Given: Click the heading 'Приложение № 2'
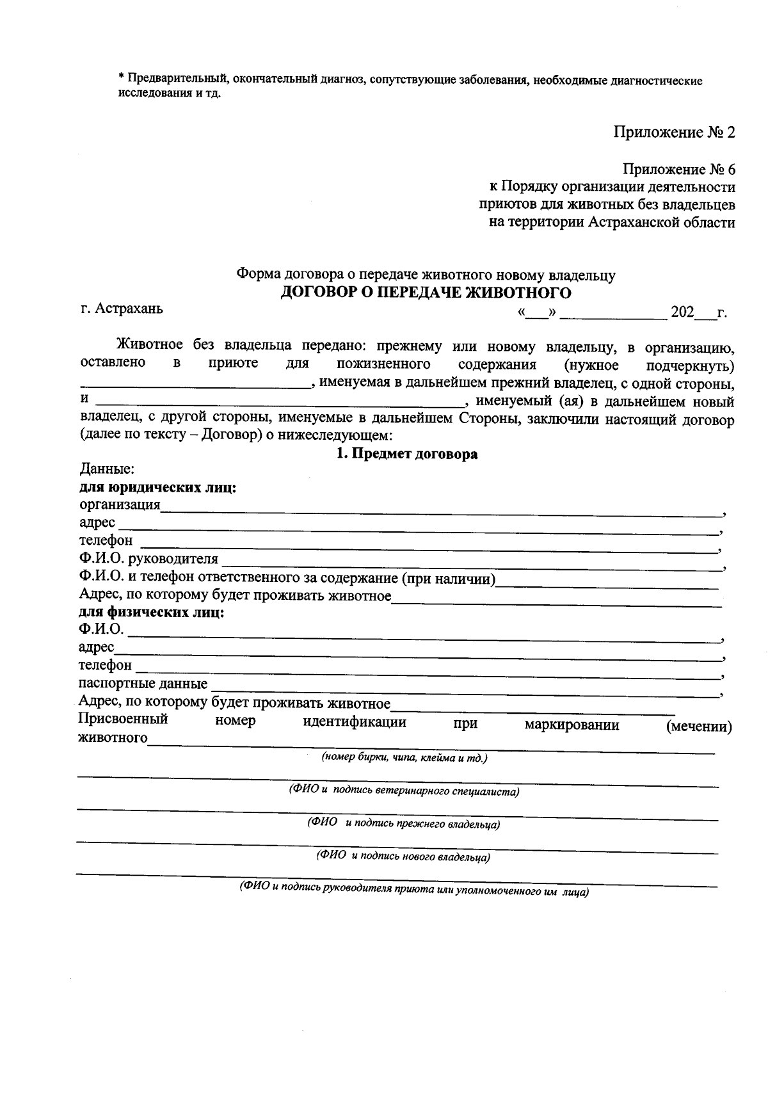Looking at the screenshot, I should [x=674, y=133].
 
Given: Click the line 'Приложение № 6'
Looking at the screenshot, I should [x=679, y=170].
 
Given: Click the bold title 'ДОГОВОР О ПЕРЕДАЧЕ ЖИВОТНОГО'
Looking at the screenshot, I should [x=426, y=293].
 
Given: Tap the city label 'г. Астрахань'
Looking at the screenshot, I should [x=122, y=309].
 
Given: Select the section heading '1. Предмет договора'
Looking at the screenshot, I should [x=407, y=454].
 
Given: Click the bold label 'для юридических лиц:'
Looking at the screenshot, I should [x=157, y=488].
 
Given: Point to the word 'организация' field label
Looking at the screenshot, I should [x=119, y=504].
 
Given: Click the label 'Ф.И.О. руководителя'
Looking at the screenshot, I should [x=148, y=559].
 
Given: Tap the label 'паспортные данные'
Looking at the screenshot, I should [x=143, y=684].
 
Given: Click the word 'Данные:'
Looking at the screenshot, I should [x=106, y=470].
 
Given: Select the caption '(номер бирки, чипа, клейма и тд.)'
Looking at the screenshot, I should [x=404, y=758].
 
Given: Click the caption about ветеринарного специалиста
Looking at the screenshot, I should [x=403, y=791].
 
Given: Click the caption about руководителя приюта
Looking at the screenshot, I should [x=413, y=890].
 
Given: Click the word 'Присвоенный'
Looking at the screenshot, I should [x=123, y=720].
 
